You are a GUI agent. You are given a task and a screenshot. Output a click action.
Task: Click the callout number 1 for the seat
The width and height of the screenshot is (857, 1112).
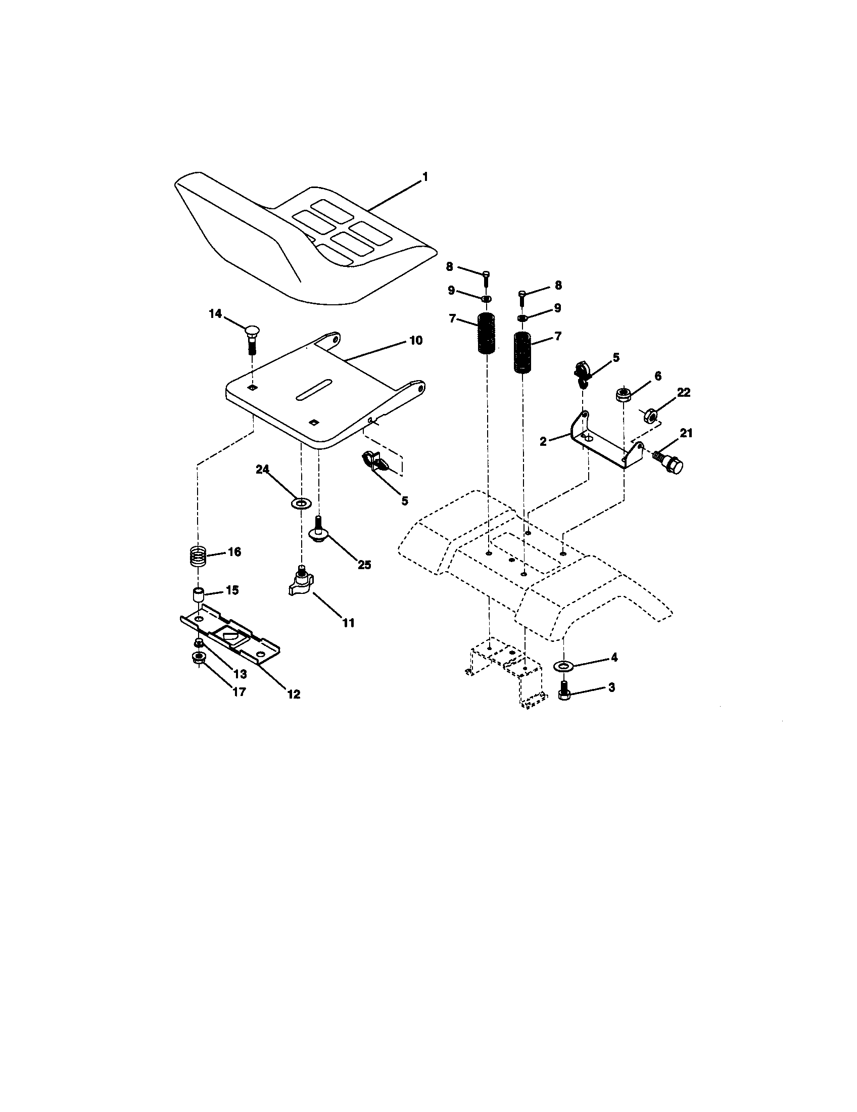(424, 177)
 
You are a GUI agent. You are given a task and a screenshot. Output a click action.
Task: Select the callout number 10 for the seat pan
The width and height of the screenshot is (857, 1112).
(416, 340)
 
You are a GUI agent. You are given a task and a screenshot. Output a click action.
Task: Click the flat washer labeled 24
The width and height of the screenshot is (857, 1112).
(301, 503)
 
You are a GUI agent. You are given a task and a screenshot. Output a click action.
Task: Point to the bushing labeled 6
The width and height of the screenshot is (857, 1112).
(622, 394)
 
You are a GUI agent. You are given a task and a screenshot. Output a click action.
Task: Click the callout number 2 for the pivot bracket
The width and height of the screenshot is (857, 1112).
(543, 441)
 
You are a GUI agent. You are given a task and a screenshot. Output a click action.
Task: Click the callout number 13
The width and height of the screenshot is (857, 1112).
(239, 674)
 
